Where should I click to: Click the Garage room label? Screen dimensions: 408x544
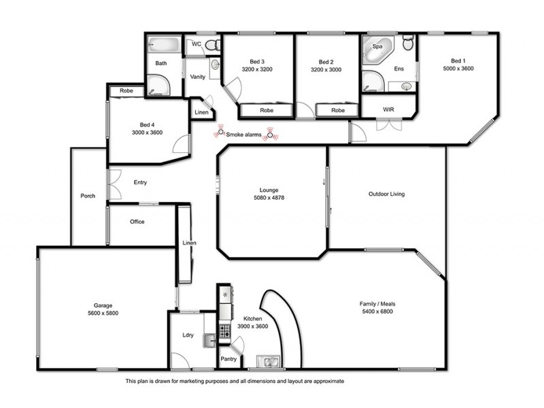point(103,305)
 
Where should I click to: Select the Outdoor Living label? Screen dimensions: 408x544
point(386,194)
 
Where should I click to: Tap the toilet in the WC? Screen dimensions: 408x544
point(211,45)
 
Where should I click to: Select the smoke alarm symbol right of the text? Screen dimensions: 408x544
point(271,135)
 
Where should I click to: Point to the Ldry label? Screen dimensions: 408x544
point(188,335)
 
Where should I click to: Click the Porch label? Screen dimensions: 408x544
point(88,197)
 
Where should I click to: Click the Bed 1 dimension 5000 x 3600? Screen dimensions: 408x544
point(458,69)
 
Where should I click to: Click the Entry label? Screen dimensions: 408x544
point(140,182)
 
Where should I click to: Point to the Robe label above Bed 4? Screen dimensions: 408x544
point(126,90)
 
